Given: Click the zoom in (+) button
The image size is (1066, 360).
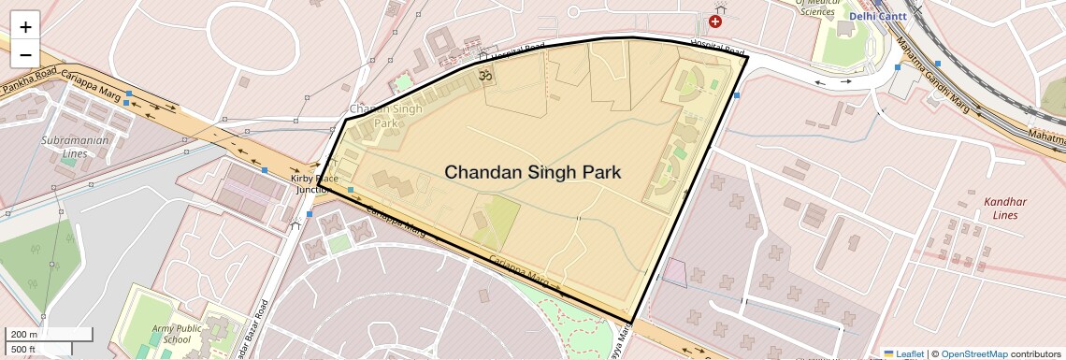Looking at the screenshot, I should [x=25, y=27].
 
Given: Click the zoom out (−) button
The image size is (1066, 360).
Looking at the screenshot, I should [x=25, y=54].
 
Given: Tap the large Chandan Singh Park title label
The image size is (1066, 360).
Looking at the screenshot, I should [x=532, y=173].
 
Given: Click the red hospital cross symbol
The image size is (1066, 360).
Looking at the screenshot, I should [x=715, y=21].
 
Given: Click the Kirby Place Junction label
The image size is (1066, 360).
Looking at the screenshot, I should [x=313, y=183].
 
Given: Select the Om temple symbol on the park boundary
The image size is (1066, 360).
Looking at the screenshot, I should [x=484, y=75].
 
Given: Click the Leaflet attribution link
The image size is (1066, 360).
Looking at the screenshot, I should [x=902, y=353].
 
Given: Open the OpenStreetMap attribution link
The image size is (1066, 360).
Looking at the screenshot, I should [x=973, y=353].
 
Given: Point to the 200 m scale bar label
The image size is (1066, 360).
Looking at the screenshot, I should [x=23, y=335].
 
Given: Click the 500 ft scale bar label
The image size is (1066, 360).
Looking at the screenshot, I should [x=23, y=350].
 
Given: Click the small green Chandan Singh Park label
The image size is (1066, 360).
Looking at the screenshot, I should [x=385, y=116].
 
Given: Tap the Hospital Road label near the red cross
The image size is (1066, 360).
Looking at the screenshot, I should [x=717, y=47].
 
